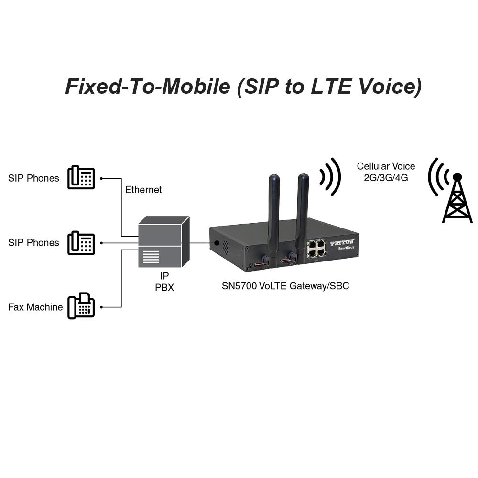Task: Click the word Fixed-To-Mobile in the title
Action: tap(147, 87)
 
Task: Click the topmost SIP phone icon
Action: tap(81, 177)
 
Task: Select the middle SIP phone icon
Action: tap(81, 242)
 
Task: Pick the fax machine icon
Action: tap(81, 306)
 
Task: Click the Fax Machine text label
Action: tap(35, 307)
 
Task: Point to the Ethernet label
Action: tap(143, 190)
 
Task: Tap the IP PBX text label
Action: tap(164, 282)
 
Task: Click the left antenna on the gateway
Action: tap(273, 210)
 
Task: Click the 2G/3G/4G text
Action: tap(386, 177)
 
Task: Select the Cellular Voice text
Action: tap(386, 166)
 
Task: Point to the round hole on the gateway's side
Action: tap(217, 243)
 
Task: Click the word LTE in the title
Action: tap(321, 87)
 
